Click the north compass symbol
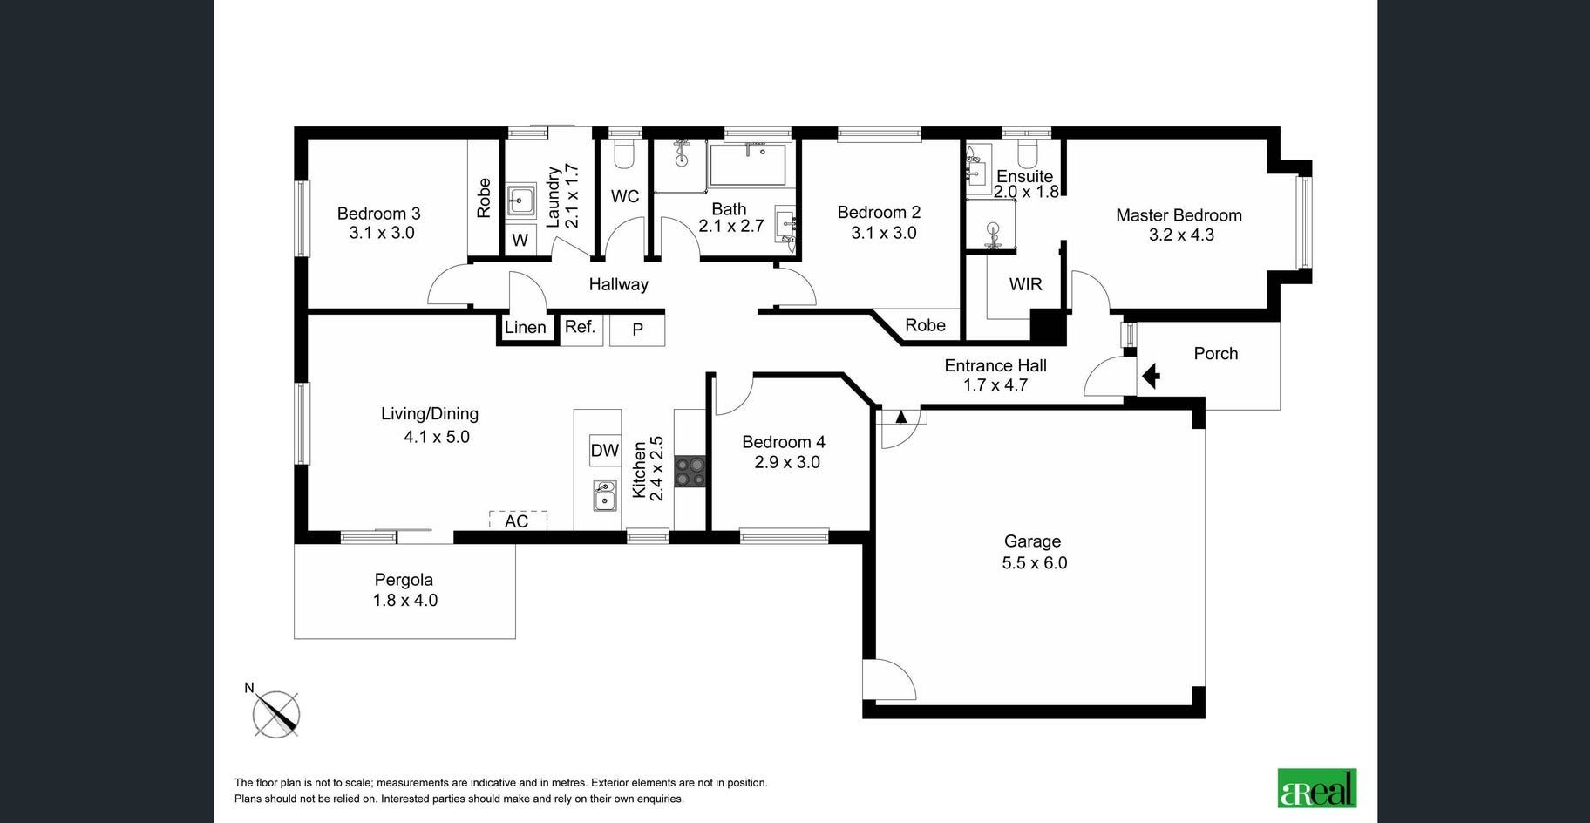(275, 712)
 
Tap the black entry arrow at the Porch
(1151, 376)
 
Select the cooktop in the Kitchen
(690, 472)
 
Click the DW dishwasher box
(605, 451)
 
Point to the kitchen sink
(605, 495)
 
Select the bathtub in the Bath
(748, 165)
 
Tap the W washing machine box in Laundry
(520, 241)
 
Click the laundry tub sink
(521, 201)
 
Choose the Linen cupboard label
(525, 327)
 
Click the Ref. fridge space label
(581, 327)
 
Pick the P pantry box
(637, 330)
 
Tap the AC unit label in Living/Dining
(517, 521)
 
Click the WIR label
(1025, 284)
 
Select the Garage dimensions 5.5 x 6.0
(1035, 563)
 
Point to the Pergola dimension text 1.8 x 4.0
(405, 601)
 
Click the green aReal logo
(1317, 788)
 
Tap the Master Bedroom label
(1179, 215)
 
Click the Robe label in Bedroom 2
(925, 325)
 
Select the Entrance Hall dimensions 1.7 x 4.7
(995, 385)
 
